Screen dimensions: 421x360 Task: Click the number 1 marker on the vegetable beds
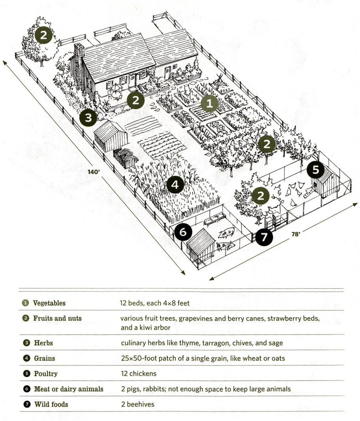point(210,104)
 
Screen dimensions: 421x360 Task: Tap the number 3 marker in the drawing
point(88,117)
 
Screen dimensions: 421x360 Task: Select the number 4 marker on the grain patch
point(175,184)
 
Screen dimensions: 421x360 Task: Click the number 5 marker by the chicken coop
point(316,170)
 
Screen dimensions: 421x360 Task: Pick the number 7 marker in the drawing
point(264,237)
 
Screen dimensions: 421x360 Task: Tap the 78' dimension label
point(296,234)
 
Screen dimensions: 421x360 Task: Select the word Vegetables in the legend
point(49,303)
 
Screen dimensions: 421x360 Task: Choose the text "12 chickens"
point(138,374)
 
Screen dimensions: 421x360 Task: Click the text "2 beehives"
point(137,404)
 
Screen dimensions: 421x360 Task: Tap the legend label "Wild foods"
point(51,404)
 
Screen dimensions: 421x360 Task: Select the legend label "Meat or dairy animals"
point(68,389)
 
